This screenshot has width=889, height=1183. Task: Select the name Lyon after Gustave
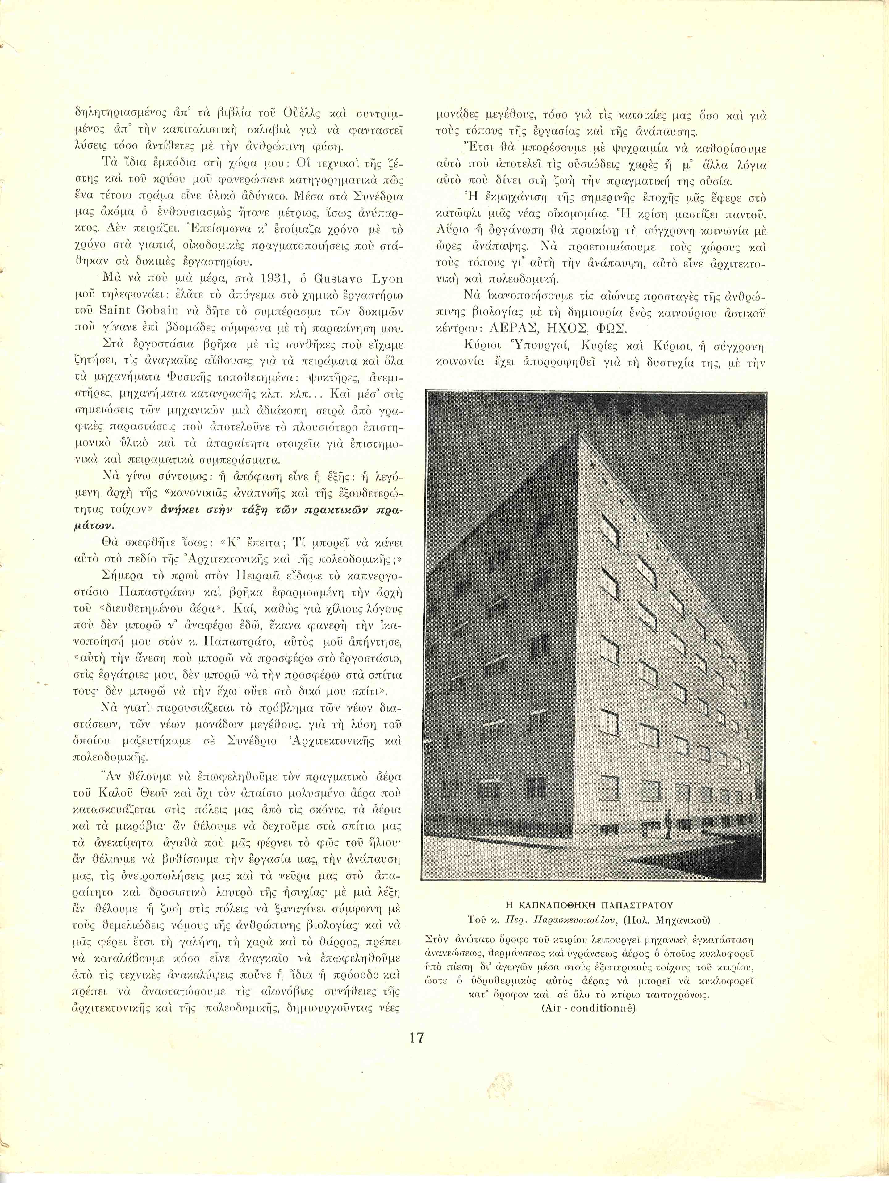(386, 279)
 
